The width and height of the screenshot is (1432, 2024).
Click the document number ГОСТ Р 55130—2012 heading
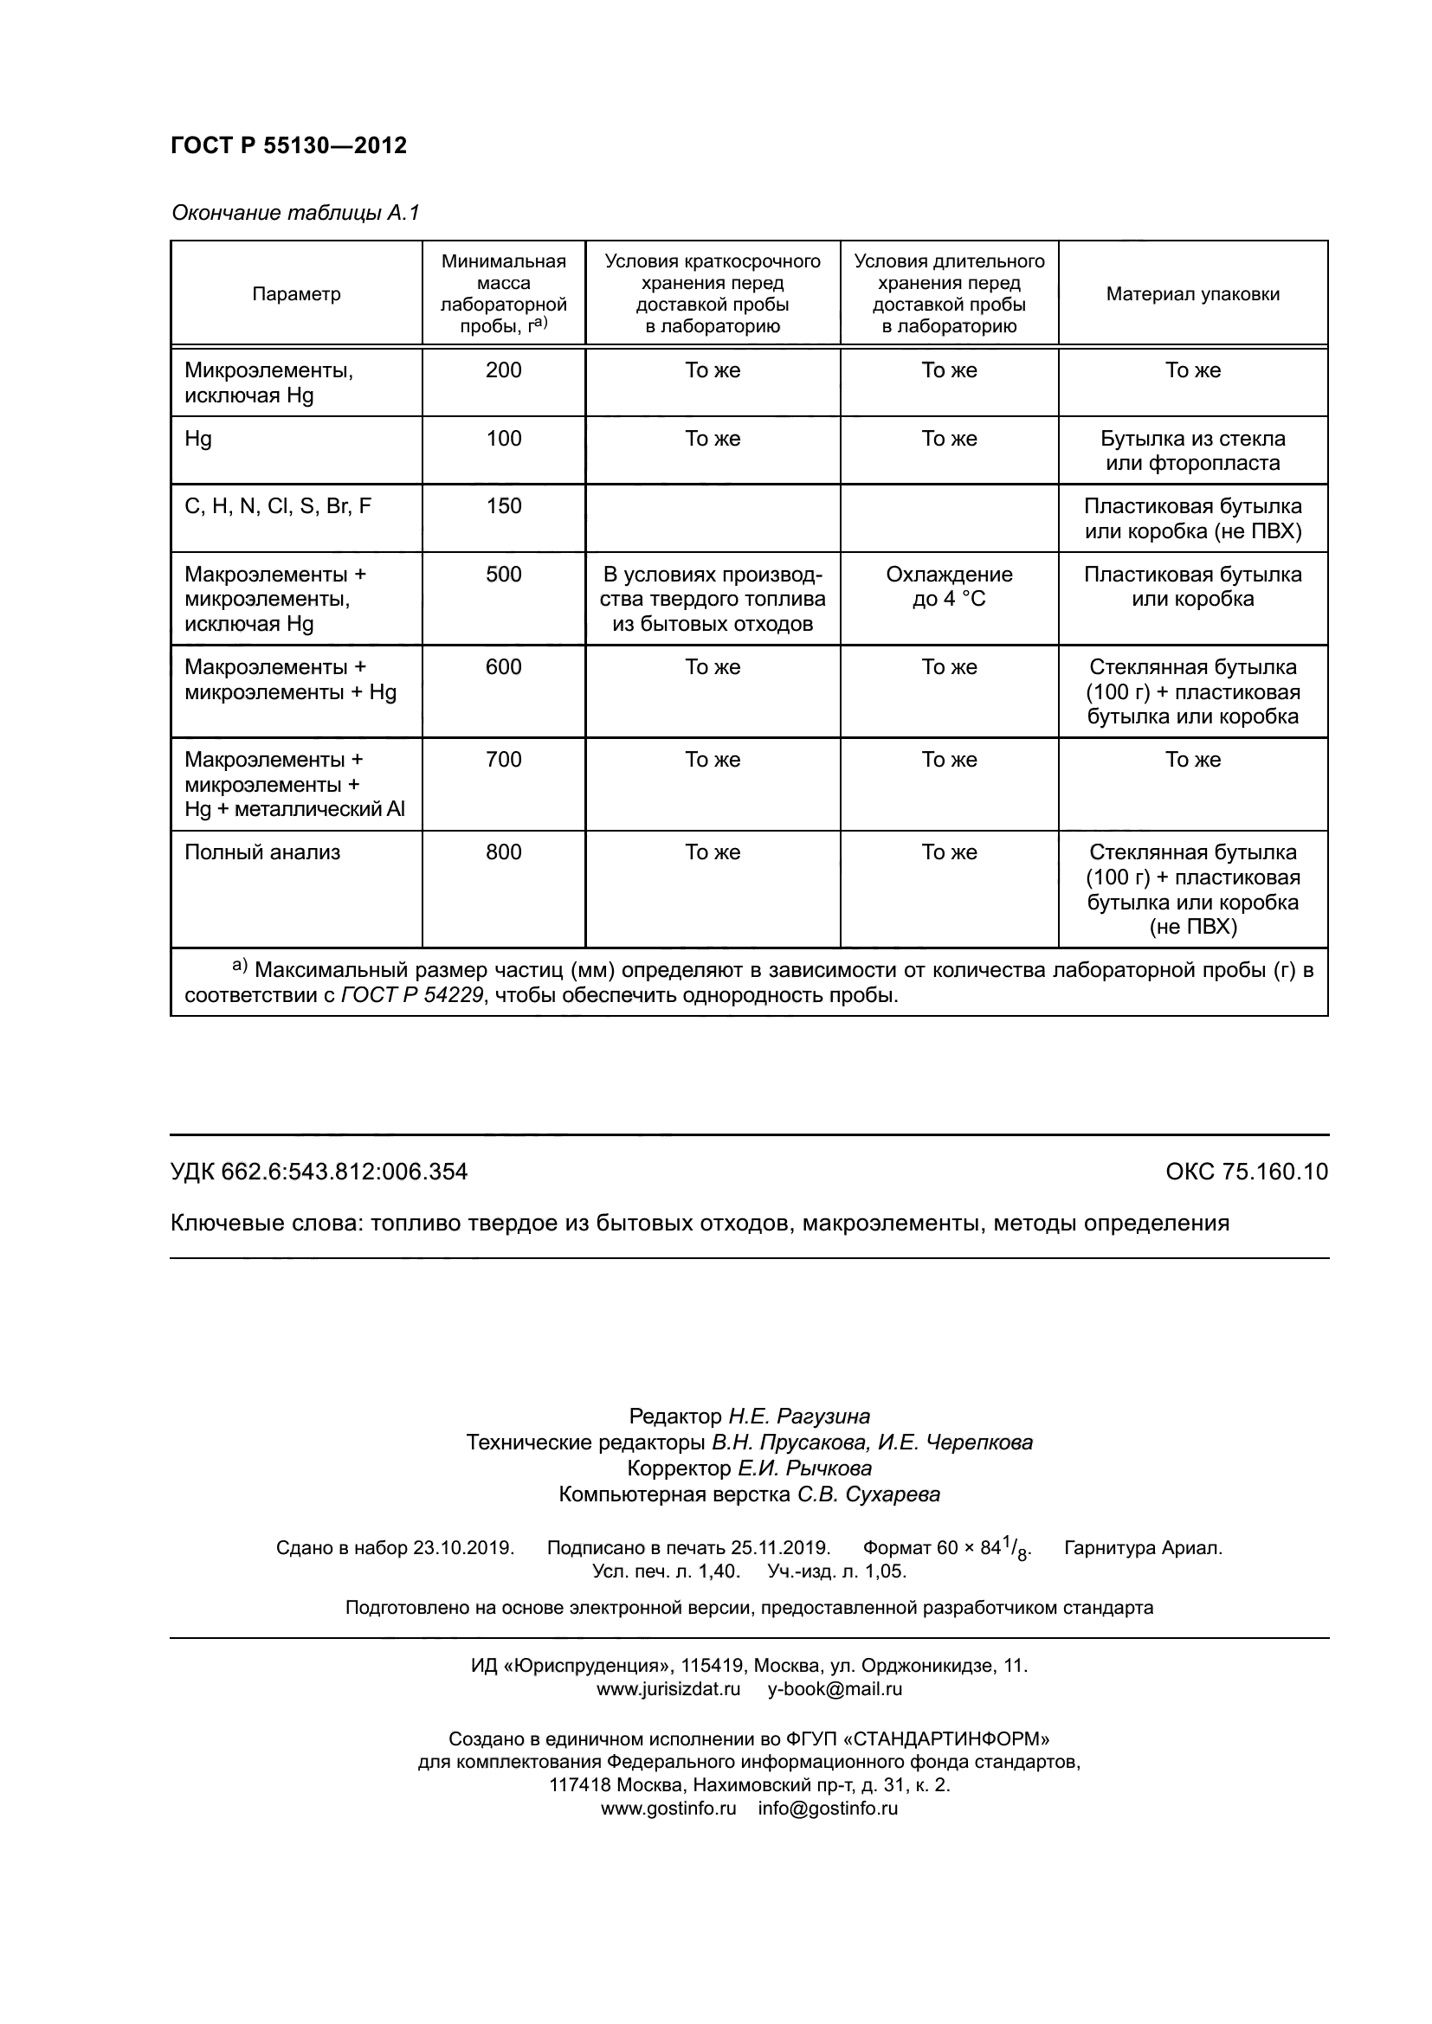tap(288, 145)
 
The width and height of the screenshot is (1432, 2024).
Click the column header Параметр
tap(296, 294)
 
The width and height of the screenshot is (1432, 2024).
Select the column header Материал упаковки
tap(1192, 294)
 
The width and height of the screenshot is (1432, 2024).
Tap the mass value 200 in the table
tap(504, 370)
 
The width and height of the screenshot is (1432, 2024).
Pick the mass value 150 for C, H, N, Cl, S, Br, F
tap(504, 506)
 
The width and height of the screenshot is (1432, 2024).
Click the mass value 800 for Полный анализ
tap(504, 852)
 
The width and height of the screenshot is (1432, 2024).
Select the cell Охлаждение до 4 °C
tap(949, 587)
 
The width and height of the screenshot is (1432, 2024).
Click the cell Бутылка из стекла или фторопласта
tap(1192, 451)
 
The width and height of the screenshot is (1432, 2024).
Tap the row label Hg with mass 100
tap(198, 439)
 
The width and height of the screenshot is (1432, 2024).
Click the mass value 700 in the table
tap(504, 760)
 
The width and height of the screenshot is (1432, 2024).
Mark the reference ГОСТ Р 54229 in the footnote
tap(411, 995)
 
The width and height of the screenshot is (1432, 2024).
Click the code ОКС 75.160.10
tap(1246, 1172)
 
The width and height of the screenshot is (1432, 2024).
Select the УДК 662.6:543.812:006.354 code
tap(319, 1172)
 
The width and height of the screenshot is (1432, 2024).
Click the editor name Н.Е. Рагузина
tap(798, 1416)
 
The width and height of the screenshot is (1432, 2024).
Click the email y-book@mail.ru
tap(834, 1689)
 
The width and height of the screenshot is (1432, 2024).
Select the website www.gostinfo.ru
tap(668, 1809)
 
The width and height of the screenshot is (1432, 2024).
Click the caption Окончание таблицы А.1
tap(295, 213)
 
